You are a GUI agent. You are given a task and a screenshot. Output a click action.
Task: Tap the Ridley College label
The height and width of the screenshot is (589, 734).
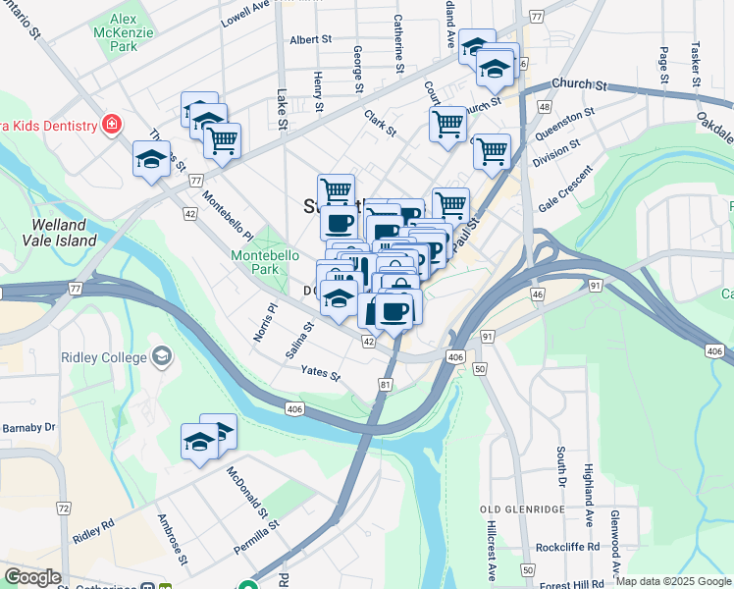coord(103,357)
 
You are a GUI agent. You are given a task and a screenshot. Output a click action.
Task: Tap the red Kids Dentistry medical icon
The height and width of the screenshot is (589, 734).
coord(113,125)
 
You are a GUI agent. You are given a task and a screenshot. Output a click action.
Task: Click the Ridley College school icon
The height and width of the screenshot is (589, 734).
coord(161,357)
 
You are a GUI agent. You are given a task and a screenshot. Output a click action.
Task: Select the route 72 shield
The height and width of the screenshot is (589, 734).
coord(63,508)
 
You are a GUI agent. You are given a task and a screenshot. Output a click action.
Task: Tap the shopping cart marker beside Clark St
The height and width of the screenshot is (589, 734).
coord(447,125)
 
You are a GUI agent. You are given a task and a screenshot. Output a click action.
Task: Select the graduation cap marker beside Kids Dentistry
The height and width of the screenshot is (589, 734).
coord(150,158)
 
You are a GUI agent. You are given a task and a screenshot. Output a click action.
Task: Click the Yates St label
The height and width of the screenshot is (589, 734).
coord(320,375)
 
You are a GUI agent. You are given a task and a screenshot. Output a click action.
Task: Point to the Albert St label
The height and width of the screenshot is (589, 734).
coord(313,40)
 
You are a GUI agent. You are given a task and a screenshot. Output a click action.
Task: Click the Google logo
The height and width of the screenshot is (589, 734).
coord(32,576)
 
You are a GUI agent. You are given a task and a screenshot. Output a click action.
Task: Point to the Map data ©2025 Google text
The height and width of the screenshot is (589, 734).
coord(672,581)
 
